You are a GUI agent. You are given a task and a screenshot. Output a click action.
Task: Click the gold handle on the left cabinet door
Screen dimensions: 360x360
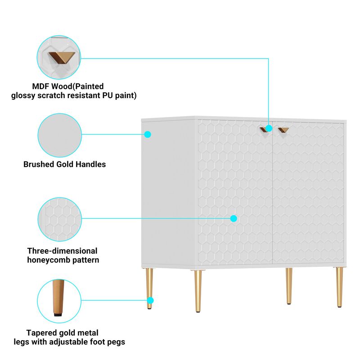tap(264, 130)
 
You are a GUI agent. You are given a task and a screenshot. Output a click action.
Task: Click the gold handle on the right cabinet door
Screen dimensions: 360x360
tap(283, 130)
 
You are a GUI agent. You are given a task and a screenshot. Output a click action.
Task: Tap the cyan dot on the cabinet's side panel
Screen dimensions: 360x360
tap(148, 134)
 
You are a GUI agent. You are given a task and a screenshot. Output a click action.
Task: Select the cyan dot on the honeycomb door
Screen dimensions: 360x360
tap(234, 218)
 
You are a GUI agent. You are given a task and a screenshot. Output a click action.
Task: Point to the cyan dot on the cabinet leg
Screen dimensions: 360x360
tap(150, 300)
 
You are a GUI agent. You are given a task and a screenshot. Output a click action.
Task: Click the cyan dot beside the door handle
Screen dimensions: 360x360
tap(269, 128)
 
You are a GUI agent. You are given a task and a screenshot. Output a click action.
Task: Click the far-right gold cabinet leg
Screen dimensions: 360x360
tap(340, 287)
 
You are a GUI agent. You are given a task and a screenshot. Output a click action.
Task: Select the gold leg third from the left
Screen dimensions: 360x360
tap(289, 286)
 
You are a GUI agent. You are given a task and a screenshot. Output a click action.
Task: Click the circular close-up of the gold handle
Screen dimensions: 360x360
tap(59, 58)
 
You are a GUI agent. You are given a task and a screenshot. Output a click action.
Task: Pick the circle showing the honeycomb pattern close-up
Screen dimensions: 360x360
tap(60, 219)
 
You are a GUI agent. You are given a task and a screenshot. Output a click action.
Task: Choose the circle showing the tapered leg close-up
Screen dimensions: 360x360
tap(59, 301)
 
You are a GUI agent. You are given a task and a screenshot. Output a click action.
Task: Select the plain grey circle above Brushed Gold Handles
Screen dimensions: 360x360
tap(60, 135)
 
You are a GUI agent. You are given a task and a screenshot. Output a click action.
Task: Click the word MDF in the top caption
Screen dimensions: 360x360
tap(40, 86)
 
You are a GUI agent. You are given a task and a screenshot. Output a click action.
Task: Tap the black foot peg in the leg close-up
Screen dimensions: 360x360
tap(58, 314)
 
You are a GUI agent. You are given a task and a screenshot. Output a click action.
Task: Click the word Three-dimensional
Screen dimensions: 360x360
tap(62, 251)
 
